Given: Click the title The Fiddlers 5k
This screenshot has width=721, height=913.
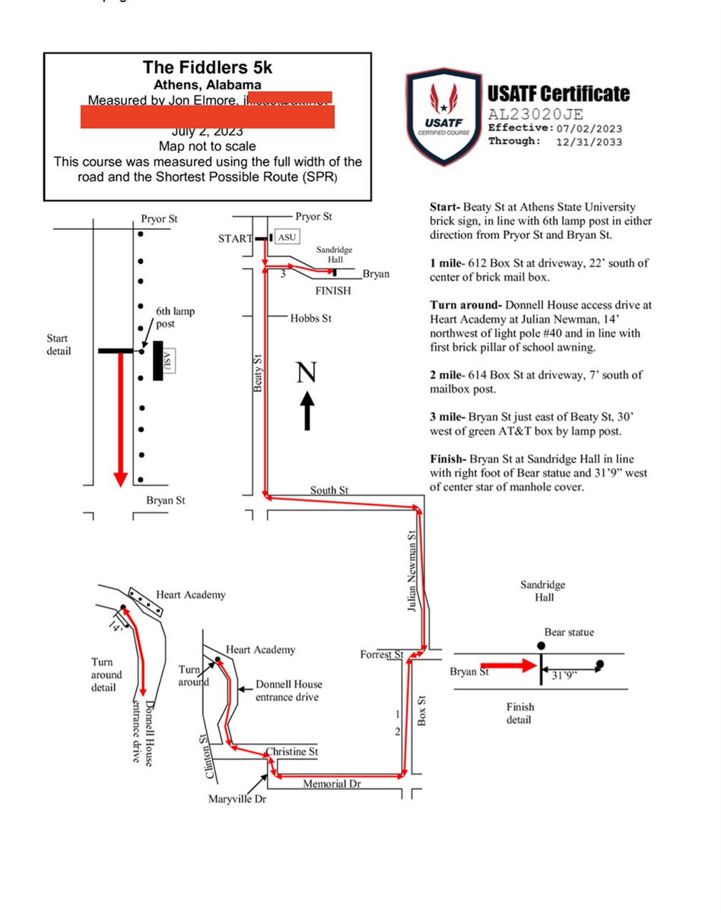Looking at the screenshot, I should (x=207, y=68).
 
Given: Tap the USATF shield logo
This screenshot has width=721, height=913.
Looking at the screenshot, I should (x=443, y=115).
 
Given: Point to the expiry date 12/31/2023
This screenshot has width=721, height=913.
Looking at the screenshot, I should (x=588, y=142).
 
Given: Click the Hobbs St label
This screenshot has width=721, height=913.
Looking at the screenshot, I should (x=310, y=317).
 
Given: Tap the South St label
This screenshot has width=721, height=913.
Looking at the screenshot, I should (x=329, y=491).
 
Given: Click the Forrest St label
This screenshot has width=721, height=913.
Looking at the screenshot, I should (x=382, y=654).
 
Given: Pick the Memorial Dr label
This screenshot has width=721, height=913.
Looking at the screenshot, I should (x=331, y=783).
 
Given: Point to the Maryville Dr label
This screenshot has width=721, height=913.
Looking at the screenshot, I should (x=237, y=799).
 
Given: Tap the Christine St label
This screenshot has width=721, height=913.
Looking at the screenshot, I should (x=290, y=752).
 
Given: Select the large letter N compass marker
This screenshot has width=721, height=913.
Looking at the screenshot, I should (x=307, y=372).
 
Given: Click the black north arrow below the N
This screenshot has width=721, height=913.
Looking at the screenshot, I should (x=307, y=411).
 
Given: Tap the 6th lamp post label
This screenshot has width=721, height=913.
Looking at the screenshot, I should (x=176, y=317).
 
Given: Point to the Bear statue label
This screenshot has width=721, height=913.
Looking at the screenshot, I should (x=569, y=632).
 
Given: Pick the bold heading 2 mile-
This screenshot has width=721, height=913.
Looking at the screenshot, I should (x=450, y=374).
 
